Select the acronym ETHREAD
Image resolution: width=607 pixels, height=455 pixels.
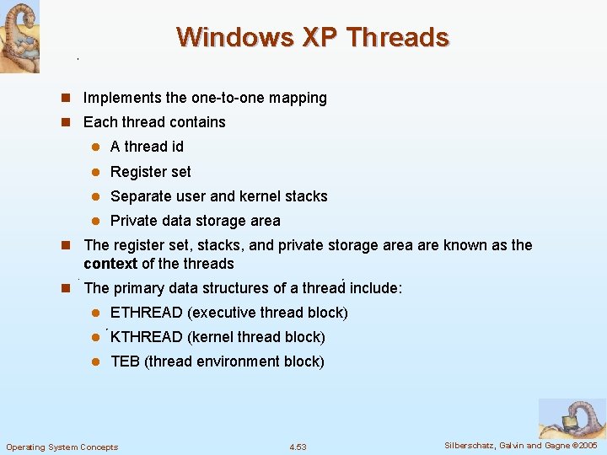(x=147, y=313)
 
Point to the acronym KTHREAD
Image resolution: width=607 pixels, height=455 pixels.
(x=147, y=337)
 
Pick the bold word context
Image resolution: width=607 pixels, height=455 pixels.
(x=110, y=264)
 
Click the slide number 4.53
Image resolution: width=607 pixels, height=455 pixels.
(x=298, y=447)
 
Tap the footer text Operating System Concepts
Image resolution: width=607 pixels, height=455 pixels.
(x=62, y=447)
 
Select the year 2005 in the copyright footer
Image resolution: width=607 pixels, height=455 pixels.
(x=586, y=445)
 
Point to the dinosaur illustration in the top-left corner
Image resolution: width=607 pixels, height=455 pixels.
(x=19, y=36)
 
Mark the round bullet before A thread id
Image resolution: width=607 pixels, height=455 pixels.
(x=95, y=147)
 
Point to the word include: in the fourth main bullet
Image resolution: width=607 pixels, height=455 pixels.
(x=376, y=288)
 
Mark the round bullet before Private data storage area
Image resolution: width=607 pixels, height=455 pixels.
(x=95, y=222)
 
